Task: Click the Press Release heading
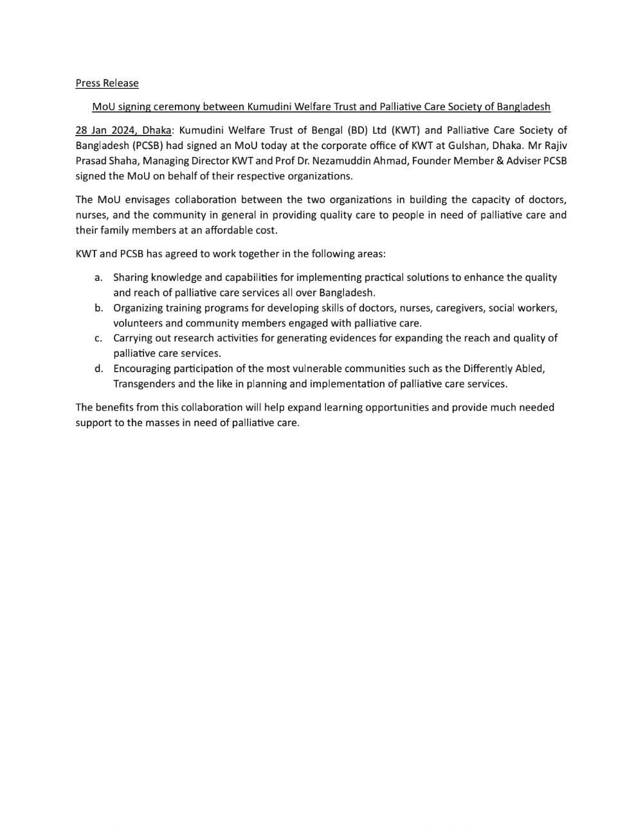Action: coord(107,83)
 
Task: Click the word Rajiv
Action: coord(555,145)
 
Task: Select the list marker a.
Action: coord(98,278)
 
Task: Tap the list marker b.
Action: coord(98,308)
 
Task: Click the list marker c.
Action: coord(98,338)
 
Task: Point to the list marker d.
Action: coord(98,368)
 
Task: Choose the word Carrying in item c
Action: coord(133,338)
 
